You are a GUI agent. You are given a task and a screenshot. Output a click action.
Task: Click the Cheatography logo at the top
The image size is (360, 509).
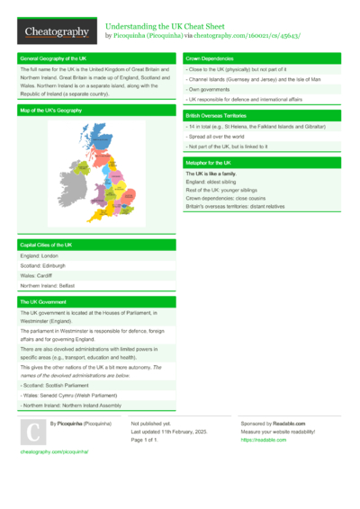[x=56, y=32]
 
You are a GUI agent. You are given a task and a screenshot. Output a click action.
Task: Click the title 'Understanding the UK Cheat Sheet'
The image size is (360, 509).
[x=167, y=27]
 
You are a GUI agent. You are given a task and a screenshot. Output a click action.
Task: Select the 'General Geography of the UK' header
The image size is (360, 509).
[x=54, y=58]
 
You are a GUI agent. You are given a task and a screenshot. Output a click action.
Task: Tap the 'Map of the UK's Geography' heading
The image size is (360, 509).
[x=54, y=110]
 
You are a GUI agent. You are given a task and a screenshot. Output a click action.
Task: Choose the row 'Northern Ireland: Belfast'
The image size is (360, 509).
[x=49, y=285]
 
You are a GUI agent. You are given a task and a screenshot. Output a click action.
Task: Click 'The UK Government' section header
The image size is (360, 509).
[x=43, y=301]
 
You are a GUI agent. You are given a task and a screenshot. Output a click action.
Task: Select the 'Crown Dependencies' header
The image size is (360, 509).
[x=211, y=58]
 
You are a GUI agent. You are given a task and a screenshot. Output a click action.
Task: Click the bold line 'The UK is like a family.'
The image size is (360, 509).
[x=214, y=173]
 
